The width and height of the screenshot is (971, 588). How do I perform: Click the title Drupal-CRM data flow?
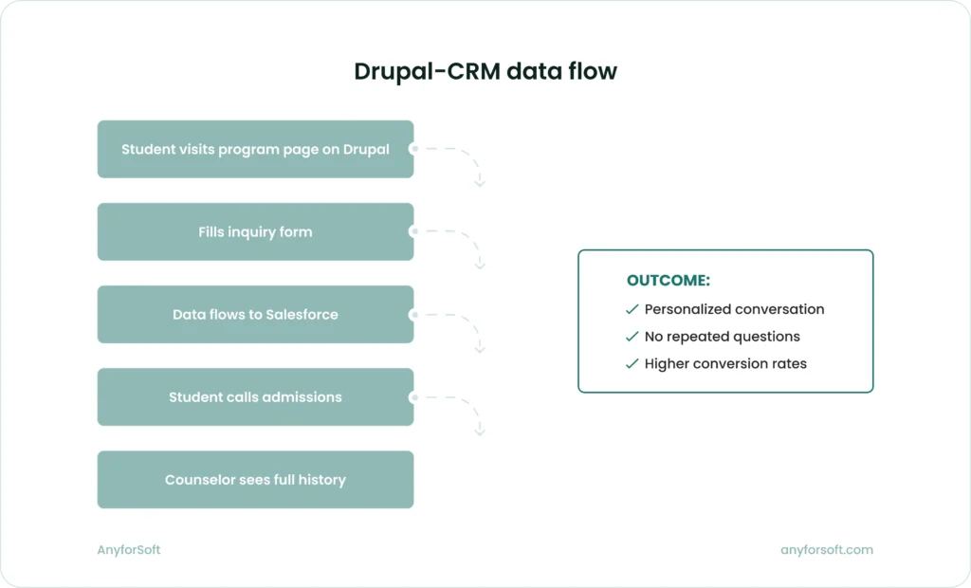(485, 72)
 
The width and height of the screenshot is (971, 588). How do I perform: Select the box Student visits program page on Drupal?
(255, 149)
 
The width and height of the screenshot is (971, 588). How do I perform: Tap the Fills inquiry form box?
(255, 231)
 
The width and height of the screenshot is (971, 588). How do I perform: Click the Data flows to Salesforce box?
(255, 314)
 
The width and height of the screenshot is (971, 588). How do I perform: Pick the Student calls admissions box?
(255, 396)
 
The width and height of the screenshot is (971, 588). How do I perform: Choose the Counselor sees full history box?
(255, 480)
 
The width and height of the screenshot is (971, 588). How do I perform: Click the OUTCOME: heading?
(668, 281)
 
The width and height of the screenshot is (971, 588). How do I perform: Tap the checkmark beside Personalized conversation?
(632, 309)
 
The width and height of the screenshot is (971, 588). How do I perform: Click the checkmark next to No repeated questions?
(632, 337)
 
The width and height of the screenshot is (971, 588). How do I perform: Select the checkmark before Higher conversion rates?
(632, 364)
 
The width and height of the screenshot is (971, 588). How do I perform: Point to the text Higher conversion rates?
(725, 364)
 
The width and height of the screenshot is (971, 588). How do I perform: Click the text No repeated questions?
(722, 337)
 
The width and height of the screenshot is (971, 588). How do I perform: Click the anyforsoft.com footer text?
(826, 550)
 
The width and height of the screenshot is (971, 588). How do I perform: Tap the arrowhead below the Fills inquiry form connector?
(480, 265)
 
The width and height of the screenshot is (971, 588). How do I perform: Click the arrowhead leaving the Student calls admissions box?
(480, 431)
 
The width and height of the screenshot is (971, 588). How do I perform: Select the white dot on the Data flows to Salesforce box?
(413, 314)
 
